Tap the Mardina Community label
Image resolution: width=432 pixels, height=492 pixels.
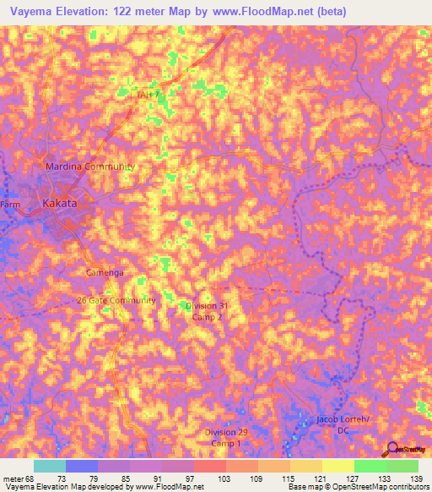[x=89, y=167]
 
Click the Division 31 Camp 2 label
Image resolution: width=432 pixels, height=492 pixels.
[x=207, y=311]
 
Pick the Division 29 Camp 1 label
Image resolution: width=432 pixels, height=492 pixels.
[x=226, y=438]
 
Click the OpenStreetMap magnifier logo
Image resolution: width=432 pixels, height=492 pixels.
[x=392, y=448]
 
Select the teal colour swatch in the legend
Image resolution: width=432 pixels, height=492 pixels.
[x=50, y=466]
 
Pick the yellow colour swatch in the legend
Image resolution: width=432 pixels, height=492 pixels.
[x=337, y=466]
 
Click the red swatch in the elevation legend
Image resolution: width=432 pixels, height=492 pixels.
[x=209, y=466]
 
